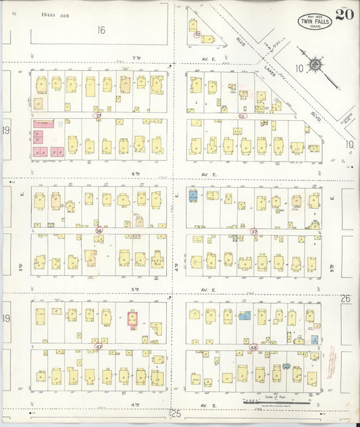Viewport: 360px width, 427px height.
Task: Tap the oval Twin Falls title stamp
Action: [x=315, y=21]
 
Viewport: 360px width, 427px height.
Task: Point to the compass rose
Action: [x=315, y=66]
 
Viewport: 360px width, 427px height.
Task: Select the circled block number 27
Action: [x=99, y=116]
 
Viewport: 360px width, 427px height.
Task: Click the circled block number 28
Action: [x=242, y=116]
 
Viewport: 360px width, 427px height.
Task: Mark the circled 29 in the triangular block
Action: [x=197, y=34]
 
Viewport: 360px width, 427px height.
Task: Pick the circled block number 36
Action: [x=99, y=230]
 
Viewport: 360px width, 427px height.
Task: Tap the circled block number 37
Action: [x=254, y=232]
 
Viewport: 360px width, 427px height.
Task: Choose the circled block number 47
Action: [x=99, y=347]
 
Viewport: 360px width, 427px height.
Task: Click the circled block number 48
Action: [x=254, y=347]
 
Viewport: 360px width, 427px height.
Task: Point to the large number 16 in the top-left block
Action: [x=101, y=30]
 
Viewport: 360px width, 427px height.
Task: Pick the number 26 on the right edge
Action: [x=345, y=298]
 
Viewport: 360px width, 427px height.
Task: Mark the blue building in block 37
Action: [x=193, y=195]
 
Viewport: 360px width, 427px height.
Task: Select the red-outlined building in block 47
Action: [x=132, y=317]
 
